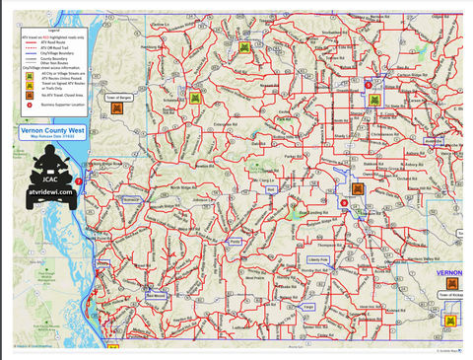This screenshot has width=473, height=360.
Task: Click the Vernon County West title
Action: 64,129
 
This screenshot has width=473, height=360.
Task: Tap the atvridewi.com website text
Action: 51,194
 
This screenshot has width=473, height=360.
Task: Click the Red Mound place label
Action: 156,294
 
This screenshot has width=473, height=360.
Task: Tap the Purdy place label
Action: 235,241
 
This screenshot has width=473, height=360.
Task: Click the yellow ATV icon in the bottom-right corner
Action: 450,321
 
